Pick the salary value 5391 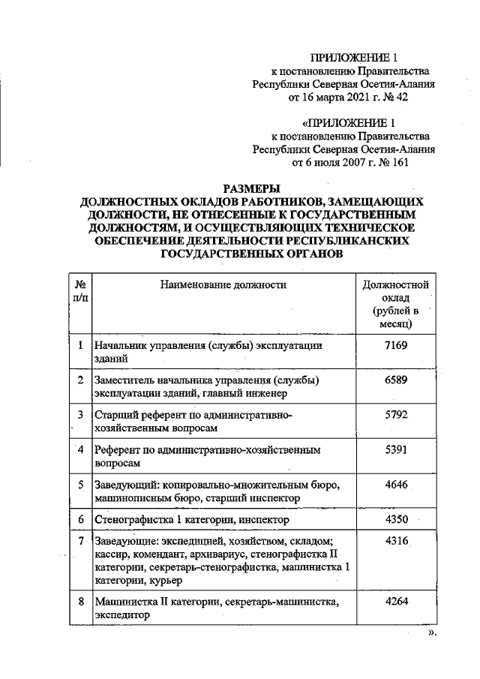pos(395,449)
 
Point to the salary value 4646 pos(395,484)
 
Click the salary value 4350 pos(395,518)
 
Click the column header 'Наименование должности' pos(223,284)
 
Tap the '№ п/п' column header pos(79,291)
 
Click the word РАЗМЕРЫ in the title pos(252,188)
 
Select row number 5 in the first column pos(79,484)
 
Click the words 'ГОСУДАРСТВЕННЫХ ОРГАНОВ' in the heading pos(252,254)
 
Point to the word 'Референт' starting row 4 pos(115,449)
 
